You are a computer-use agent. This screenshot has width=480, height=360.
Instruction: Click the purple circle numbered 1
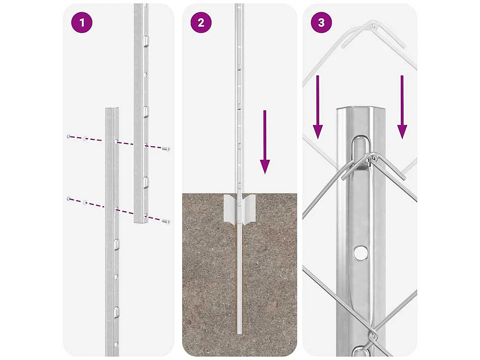(82, 22)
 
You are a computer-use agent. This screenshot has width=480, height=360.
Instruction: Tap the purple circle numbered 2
(201, 22)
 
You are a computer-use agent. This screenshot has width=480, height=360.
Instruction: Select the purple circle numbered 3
(321, 22)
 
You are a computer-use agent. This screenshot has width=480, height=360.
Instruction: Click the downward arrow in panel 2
(265, 142)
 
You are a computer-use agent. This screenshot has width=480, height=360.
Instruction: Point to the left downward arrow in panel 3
(318, 107)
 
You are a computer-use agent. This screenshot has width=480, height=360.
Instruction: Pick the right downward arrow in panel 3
(402, 107)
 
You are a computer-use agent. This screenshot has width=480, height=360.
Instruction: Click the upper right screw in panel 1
(166, 149)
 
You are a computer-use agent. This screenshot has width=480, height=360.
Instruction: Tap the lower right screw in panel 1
(166, 221)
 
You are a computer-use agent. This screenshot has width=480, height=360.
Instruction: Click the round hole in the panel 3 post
(361, 253)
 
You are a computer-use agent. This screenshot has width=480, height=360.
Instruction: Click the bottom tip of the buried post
(240, 333)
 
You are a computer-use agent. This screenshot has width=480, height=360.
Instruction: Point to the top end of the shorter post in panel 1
(112, 109)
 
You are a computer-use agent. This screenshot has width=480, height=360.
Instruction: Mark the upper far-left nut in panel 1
(68, 136)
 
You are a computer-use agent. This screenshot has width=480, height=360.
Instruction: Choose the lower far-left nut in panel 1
(68, 199)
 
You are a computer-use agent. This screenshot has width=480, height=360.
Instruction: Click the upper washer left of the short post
(85, 139)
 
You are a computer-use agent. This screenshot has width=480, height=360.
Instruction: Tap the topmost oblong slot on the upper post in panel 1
(146, 40)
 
